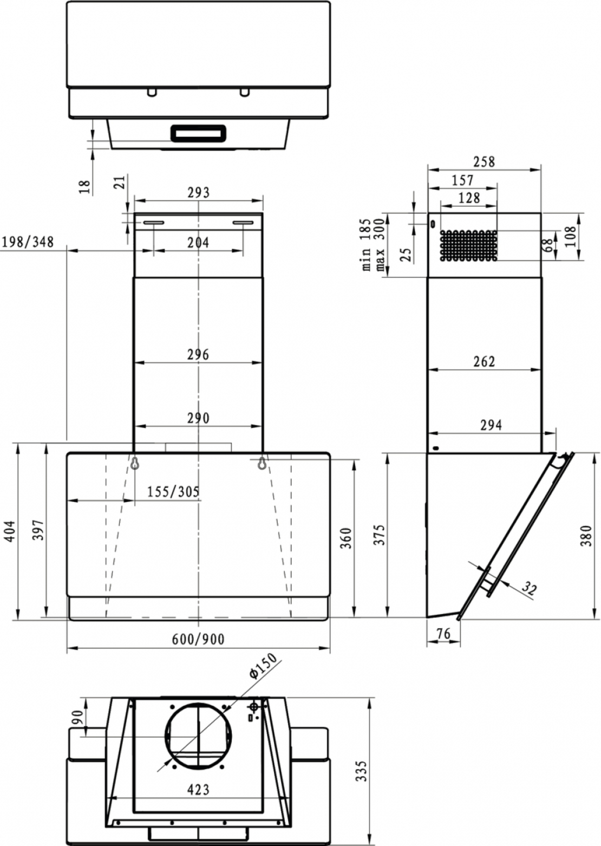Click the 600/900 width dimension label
(198, 639)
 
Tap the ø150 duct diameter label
(263, 666)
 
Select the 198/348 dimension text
(28, 242)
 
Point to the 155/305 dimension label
(173, 492)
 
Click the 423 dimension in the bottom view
(198, 790)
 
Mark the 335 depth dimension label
(361, 770)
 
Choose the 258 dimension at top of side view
(484, 161)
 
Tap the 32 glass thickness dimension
(529, 588)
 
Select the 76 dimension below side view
(443, 633)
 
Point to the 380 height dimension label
(586, 535)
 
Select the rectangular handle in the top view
(198, 133)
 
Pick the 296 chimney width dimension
(198, 355)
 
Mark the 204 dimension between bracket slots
(198, 242)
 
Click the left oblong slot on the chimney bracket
(154, 223)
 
